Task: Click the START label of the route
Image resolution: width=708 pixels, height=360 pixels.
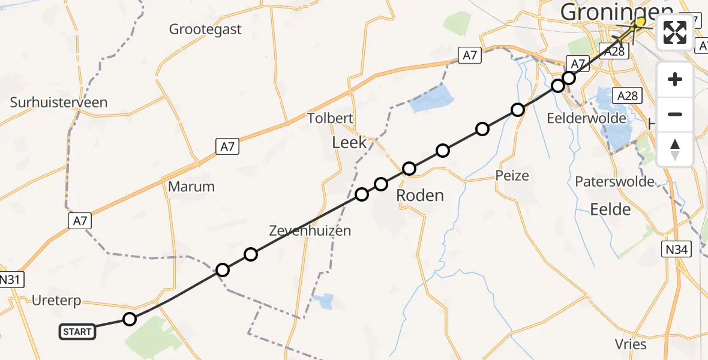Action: (x=77, y=331)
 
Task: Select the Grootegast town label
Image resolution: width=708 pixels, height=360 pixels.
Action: (x=206, y=29)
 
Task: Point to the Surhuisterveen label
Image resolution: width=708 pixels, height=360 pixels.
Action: (x=59, y=102)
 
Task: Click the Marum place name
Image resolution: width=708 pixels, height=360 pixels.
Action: (x=191, y=187)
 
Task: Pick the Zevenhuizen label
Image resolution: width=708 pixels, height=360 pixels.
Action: (x=310, y=230)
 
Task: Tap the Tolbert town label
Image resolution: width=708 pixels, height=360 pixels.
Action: (x=330, y=118)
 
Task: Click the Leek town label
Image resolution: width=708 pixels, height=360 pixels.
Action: (x=349, y=143)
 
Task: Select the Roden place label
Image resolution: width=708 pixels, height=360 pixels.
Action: (x=420, y=196)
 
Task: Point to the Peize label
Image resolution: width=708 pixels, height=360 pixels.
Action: (x=512, y=176)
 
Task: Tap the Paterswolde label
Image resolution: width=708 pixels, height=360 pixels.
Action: (x=614, y=182)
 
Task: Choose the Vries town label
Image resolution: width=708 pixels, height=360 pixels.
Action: (x=631, y=344)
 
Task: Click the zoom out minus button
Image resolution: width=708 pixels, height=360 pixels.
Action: (x=675, y=114)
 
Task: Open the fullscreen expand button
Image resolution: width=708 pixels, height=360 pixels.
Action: (x=675, y=32)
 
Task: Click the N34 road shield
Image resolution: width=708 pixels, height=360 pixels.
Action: (x=677, y=249)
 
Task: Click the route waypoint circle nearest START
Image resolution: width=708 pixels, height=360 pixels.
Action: (x=130, y=319)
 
